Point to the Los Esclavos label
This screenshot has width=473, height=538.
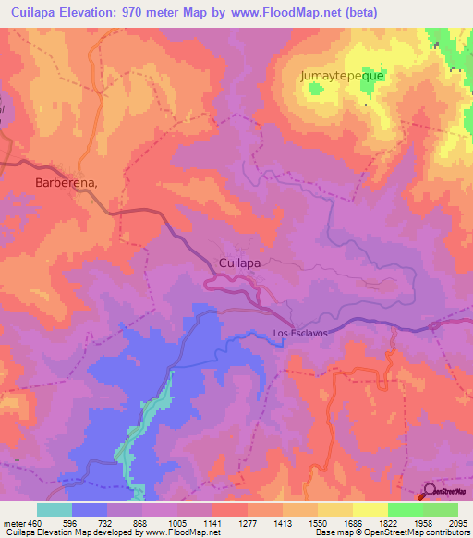coord(300,334)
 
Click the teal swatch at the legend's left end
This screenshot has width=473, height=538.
coord(55,509)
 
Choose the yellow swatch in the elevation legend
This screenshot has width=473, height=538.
coord(370,509)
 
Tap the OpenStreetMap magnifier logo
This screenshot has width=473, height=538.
coord(429,493)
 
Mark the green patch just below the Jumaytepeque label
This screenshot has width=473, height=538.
coord(317,91)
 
